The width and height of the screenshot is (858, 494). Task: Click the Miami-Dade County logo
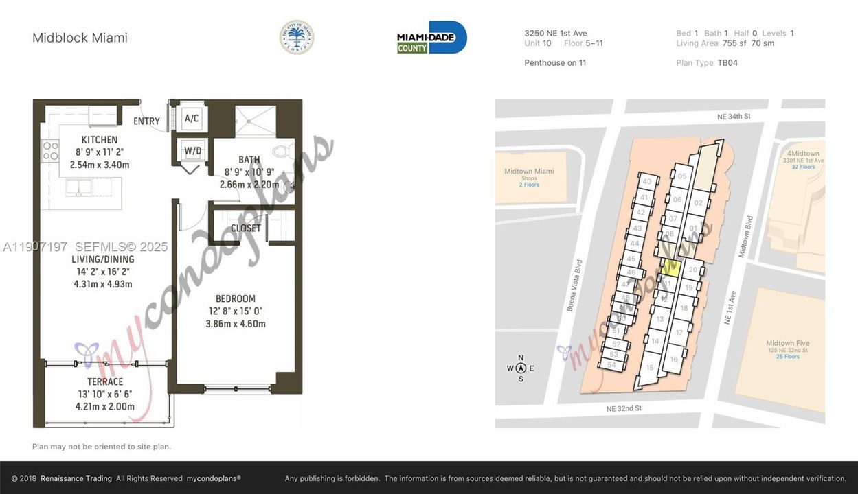point(431,38)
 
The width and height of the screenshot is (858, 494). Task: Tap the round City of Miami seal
point(297,37)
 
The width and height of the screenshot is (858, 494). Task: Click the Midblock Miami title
point(80,38)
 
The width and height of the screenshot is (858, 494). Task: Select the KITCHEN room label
point(100,140)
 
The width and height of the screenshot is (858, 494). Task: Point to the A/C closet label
point(192,119)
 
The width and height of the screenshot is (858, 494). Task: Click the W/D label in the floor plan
point(192,150)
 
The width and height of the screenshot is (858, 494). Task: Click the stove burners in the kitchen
point(50,151)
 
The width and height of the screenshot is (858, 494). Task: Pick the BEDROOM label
point(235,298)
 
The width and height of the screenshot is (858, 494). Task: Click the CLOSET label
point(246,228)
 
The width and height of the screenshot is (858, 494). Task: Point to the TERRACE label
point(105,382)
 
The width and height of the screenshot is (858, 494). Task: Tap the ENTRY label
point(146,121)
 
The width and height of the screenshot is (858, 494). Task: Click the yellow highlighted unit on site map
point(673,268)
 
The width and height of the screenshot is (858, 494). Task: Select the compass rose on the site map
point(521,368)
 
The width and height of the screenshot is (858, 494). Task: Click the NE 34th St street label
point(734,117)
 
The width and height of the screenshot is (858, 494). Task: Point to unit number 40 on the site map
point(646,182)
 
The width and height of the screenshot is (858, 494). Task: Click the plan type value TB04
point(727,63)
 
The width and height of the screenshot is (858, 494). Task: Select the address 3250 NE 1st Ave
point(555,33)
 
